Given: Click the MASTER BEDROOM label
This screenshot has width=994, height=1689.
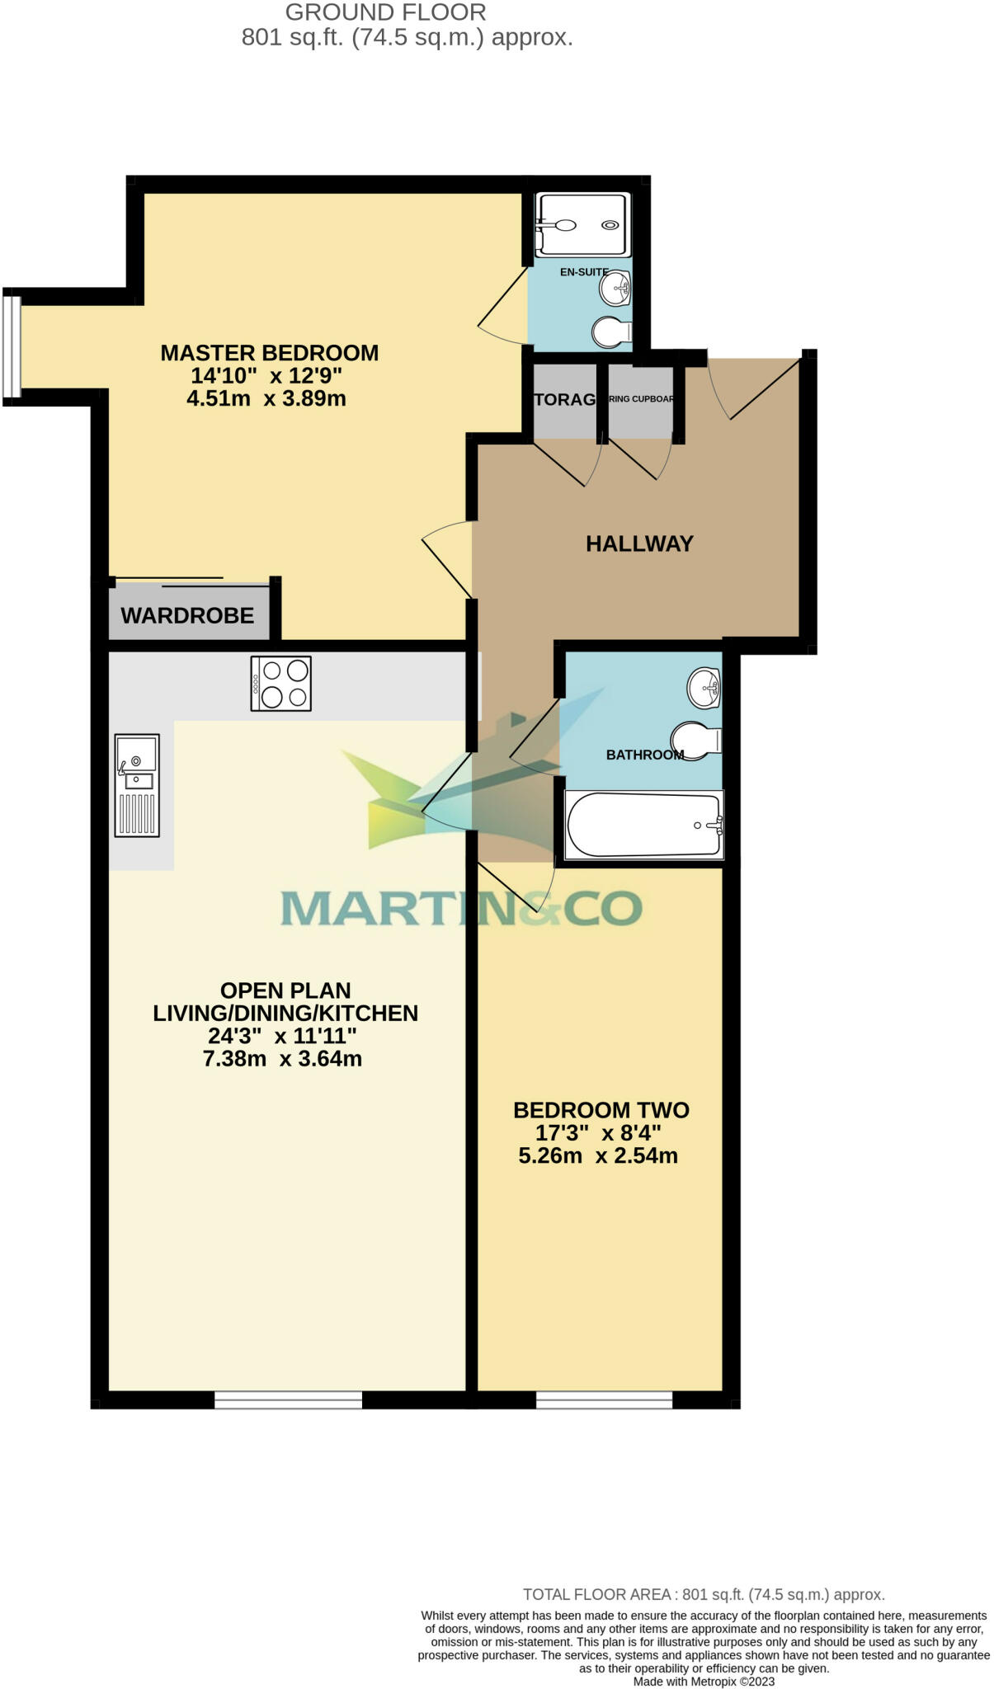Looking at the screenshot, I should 269,353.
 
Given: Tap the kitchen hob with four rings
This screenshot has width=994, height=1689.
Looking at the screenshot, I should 281,684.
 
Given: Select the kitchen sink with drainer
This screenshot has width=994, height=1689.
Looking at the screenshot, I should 137,784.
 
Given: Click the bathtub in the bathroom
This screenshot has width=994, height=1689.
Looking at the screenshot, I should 643,825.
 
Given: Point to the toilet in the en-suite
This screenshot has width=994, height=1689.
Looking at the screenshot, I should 611,332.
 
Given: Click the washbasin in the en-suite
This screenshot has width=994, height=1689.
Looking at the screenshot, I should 615,288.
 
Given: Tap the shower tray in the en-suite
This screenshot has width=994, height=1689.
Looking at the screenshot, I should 582,224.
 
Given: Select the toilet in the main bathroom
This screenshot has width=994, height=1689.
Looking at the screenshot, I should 695,740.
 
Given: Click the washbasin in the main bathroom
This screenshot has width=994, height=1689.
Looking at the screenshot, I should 704,688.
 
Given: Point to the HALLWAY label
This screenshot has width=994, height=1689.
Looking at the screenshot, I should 639,543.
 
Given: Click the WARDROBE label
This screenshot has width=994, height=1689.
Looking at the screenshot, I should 187,615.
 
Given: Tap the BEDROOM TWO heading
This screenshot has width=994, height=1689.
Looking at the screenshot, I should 601,1110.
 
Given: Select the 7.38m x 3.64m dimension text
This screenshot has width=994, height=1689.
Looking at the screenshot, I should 282,1059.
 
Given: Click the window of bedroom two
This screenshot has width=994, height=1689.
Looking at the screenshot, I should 604,1400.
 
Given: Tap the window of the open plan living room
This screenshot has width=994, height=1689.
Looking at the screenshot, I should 288,1400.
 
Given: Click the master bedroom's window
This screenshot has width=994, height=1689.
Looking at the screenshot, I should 11,346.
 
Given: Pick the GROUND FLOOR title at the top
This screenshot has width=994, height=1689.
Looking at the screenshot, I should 385,12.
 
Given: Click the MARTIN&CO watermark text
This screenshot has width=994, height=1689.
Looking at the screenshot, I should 461,908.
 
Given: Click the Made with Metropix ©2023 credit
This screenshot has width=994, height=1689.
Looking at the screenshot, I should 704,1681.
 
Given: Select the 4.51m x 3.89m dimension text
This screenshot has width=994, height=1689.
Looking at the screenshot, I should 266,399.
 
